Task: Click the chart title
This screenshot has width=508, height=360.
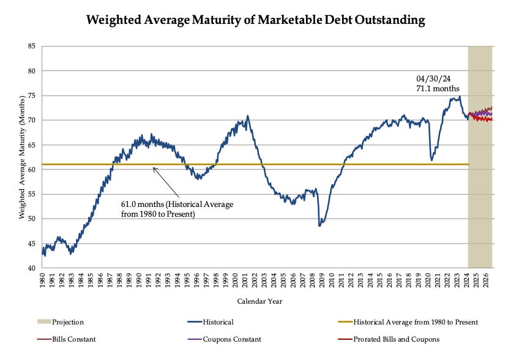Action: pos(255,20)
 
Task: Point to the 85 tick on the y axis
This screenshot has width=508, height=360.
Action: pos(30,47)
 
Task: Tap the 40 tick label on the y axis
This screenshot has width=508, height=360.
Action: pos(30,268)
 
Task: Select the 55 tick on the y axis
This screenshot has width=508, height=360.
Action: pos(30,194)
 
